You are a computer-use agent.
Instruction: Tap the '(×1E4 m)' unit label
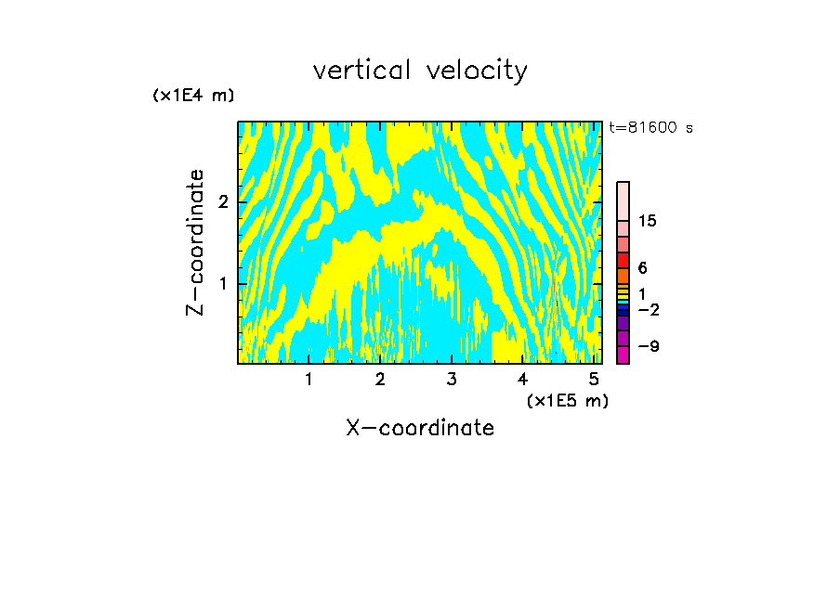(x=193, y=96)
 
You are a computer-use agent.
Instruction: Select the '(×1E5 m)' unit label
(x=567, y=400)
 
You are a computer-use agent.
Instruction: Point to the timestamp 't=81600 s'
(x=650, y=128)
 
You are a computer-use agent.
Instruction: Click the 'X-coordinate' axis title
(x=420, y=428)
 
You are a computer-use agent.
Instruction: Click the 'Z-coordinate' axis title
(x=195, y=242)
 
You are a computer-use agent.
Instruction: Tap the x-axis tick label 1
(x=308, y=379)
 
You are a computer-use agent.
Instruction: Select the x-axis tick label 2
(x=380, y=379)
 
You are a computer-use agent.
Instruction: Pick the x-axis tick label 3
(x=452, y=379)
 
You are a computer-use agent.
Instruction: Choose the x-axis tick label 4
(x=522, y=379)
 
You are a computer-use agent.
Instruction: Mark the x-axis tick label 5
(x=594, y=379)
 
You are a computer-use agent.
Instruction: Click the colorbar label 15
(x=648, y=221)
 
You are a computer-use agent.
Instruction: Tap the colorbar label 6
(x=642, y=268)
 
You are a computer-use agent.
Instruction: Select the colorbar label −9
(x=647, y=346)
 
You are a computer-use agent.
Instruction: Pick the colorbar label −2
(x=647, y=308)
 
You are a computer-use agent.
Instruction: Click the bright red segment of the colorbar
(x=623, y=260)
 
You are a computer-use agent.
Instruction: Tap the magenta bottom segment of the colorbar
(x=623, y=355)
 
